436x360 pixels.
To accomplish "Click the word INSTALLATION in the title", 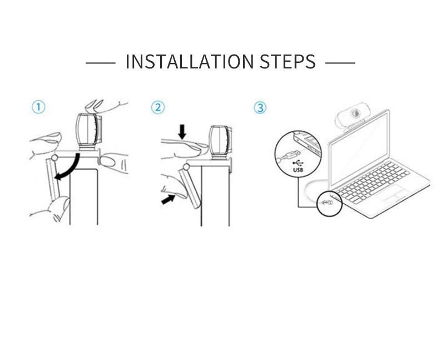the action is pos(190,61).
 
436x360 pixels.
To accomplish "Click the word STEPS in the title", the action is pos(288,61).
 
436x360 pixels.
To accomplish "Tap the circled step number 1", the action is pos(38,107).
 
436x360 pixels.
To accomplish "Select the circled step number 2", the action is pos(158,107).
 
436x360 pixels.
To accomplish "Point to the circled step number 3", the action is pos(260,107).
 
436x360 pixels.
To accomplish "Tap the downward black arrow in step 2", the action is pos(182,131).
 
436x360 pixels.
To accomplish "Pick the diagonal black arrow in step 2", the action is pos(168,199).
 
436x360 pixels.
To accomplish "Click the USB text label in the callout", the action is pos(298,170).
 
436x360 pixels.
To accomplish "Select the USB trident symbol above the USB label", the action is pos(298,164).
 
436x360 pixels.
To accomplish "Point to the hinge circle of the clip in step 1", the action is pos(54,158).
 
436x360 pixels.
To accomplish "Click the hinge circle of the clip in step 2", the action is pos(186,167).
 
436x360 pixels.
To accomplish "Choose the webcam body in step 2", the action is pos(221,142).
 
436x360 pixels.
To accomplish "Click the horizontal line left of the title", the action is pos(100,63).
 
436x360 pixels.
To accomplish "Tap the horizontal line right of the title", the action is pos(340,63).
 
